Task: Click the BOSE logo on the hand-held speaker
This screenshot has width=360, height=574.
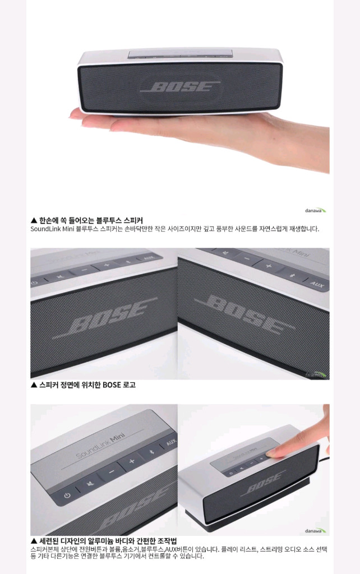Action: tap(180, 87)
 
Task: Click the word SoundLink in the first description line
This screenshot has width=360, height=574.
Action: tap(47, 229)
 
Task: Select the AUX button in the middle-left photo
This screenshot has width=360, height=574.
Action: tap(148, 259)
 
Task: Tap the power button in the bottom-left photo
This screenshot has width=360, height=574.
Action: tap(67, 496)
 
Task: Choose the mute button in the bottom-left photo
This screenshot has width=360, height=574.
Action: tap(89, 484)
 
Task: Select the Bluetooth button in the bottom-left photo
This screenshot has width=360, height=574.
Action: tap(153, 451)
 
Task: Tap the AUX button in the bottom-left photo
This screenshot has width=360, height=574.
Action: tap(170, 443)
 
